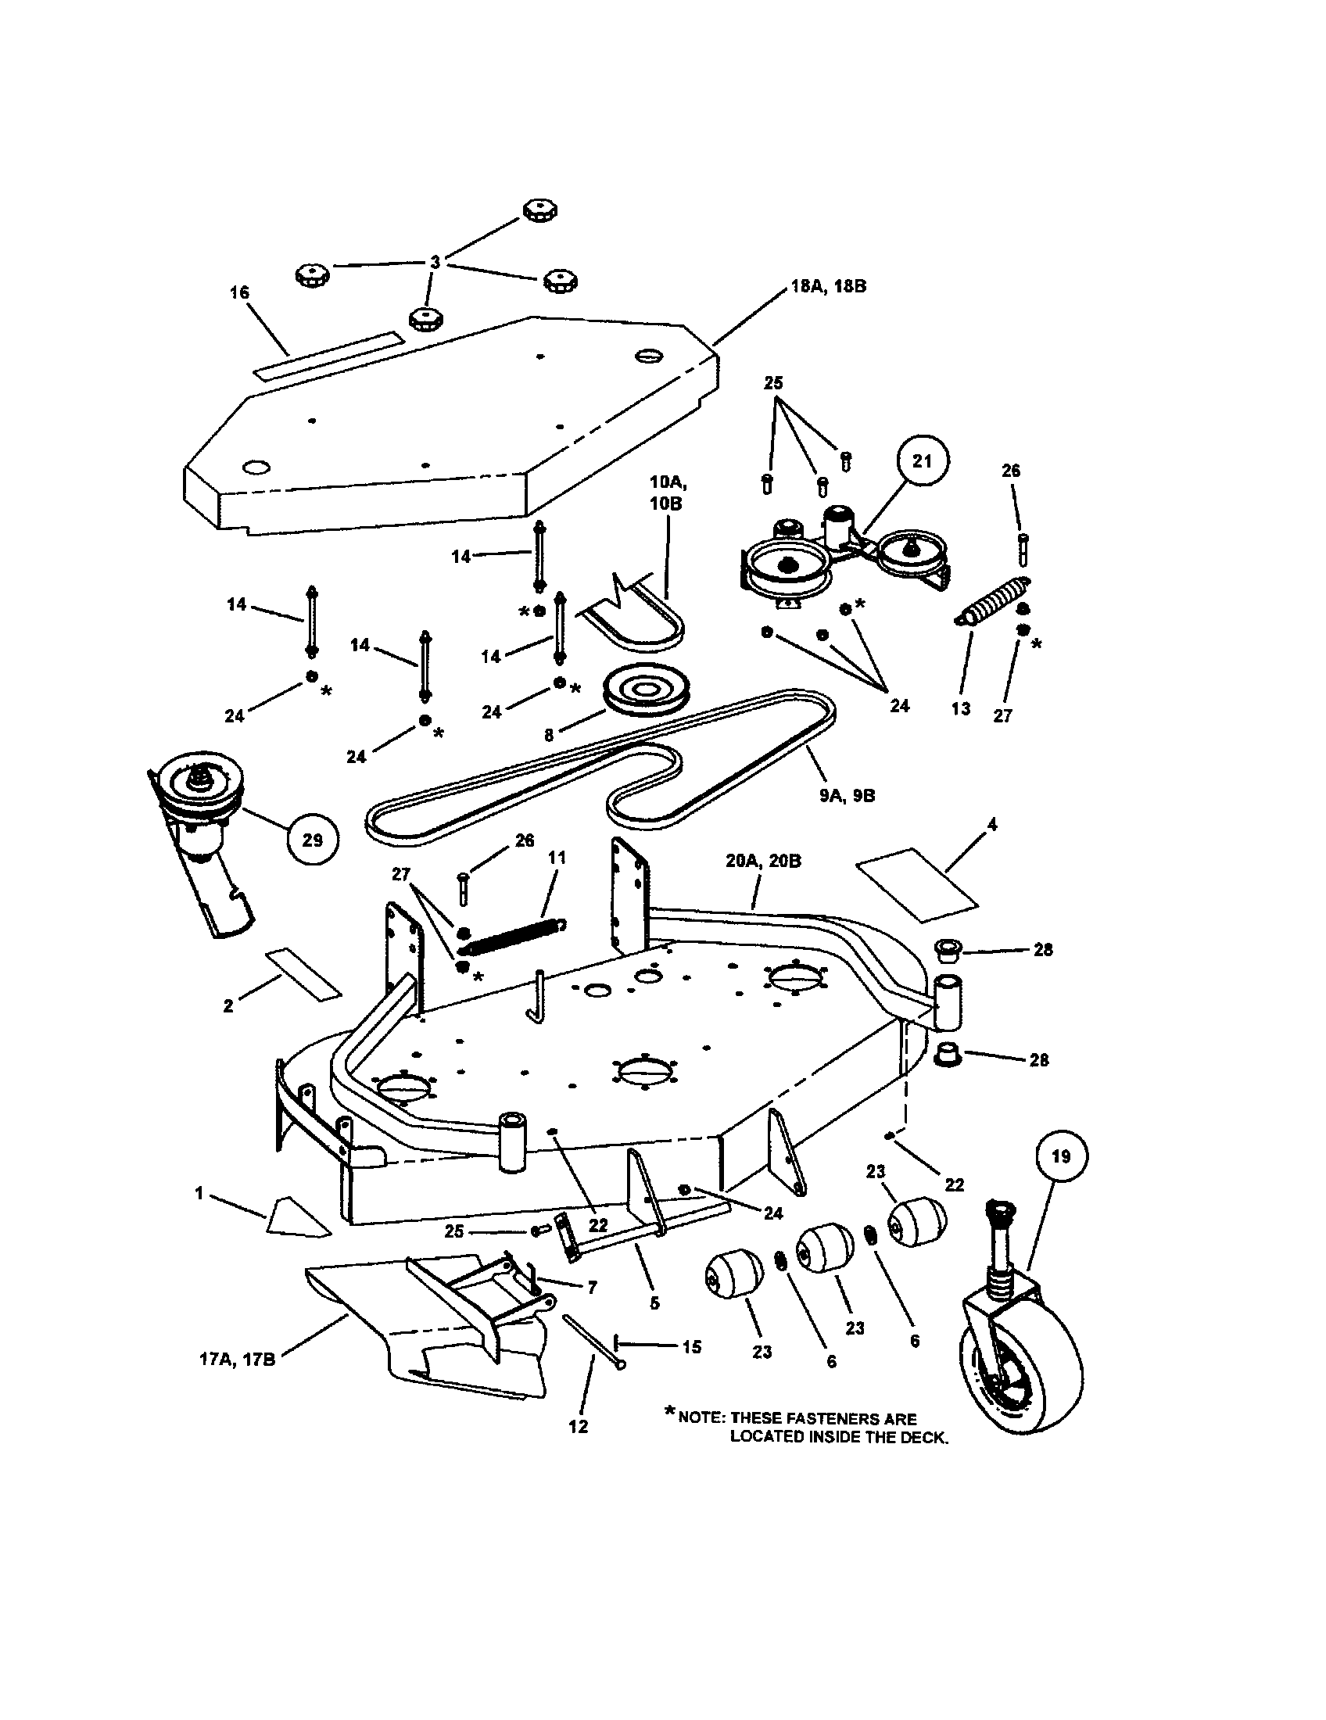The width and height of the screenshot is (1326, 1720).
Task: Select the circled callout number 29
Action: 312,840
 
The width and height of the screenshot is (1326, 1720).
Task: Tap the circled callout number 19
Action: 1061,1156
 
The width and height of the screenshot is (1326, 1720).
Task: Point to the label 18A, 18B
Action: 827,287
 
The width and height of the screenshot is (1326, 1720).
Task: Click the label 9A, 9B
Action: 847,796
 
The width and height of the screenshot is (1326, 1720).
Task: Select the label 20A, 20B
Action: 763,862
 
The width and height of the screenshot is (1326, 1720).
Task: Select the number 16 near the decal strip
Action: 239,293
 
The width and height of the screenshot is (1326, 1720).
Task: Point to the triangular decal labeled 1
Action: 296,1218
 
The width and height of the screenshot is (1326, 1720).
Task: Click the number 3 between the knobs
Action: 435,262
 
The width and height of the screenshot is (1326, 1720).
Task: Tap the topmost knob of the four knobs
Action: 540,210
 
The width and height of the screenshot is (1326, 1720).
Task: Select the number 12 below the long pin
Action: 578,1426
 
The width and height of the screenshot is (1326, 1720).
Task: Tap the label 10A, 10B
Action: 666,492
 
